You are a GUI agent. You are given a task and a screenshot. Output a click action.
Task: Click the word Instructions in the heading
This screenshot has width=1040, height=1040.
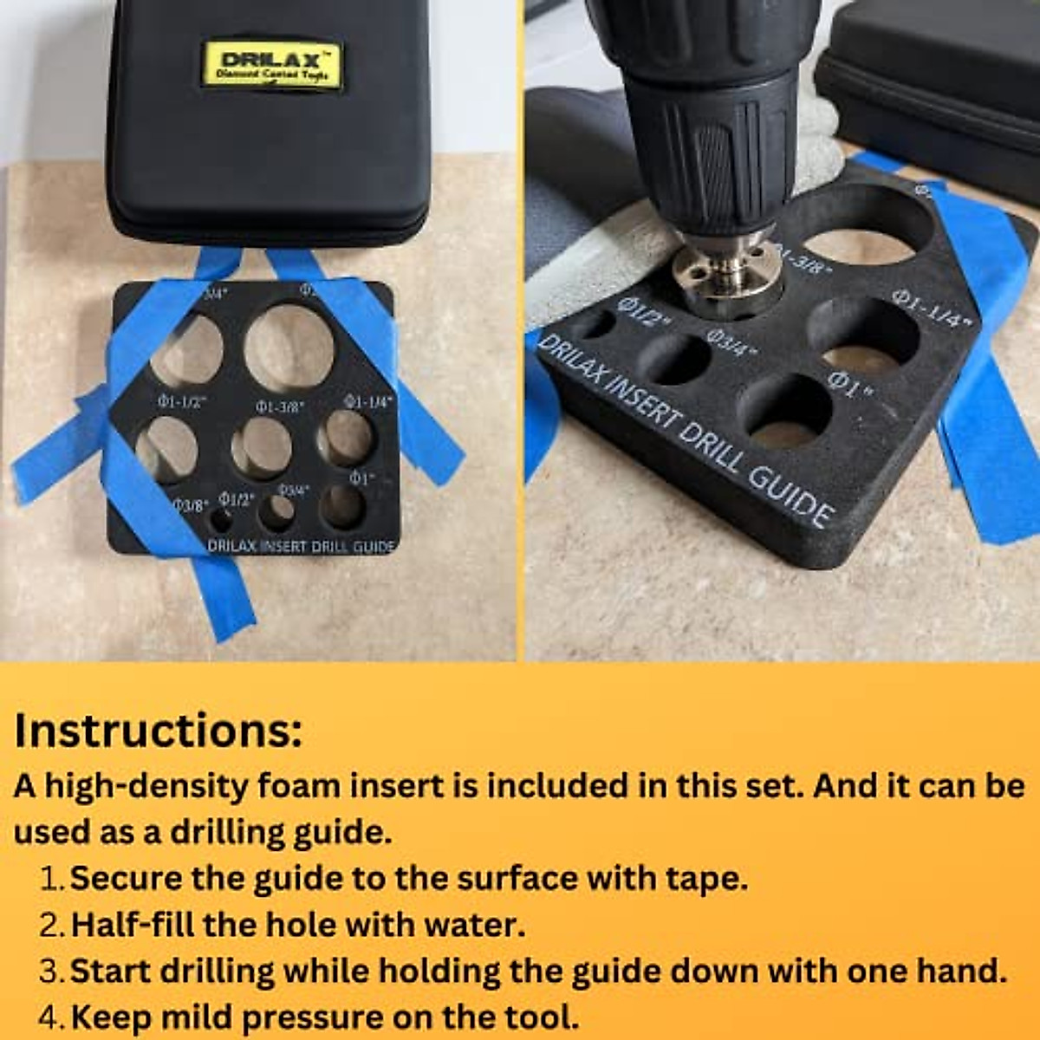(158, 730)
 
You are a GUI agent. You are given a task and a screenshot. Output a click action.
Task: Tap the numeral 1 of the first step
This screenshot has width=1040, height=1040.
(51, 879)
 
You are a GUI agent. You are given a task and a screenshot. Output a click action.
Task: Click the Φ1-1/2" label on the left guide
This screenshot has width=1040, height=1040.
(180, 401)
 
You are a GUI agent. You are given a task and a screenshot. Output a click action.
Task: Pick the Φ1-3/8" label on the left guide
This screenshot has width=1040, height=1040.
(279, 406)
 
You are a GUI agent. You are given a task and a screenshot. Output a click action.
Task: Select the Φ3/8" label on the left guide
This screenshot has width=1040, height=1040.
(190, 504)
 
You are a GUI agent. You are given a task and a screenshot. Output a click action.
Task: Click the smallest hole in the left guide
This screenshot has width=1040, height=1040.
(221, 521)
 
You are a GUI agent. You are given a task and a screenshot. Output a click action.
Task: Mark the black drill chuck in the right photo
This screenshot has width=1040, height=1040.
(711, 130)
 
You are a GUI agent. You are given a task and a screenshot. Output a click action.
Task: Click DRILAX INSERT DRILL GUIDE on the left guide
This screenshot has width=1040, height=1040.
(301, 546)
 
